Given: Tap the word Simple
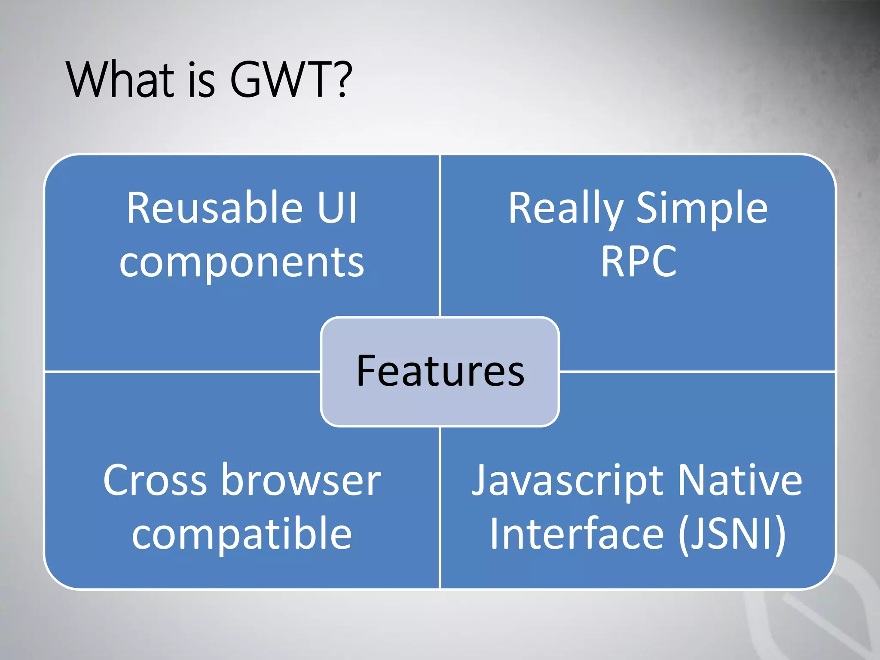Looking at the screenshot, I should (x=702, y=209).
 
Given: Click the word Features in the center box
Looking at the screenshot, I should (x=440, y=371).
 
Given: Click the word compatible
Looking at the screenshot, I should (x=242, y=535).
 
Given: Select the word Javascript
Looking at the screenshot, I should (x=567, y=481).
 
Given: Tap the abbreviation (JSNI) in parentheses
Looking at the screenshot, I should (x=732, y=534).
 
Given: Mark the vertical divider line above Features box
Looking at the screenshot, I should (x=440, y=236).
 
